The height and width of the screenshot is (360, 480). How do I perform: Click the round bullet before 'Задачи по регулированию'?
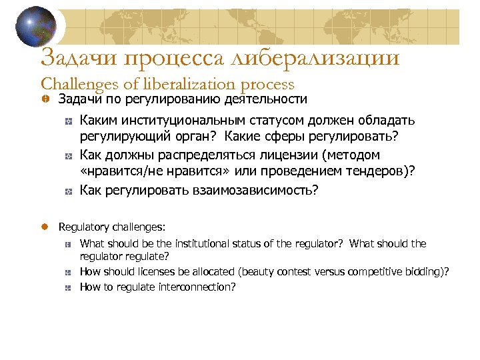(45, 100)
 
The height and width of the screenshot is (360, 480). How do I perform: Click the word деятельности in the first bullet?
(265, 99)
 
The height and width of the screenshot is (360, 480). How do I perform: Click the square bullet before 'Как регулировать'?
(69, 191)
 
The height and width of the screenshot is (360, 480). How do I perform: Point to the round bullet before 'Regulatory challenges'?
(45, 227)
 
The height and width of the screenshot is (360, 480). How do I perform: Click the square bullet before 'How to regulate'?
(69, 287)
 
